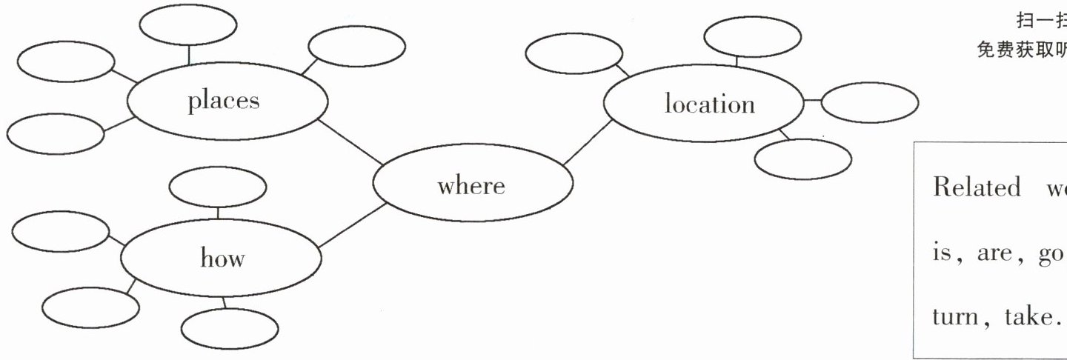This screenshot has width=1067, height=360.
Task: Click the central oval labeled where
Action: coord(472,184)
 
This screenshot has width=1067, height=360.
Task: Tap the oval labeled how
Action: coord(222,259)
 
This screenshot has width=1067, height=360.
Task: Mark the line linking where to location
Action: coord(588,141)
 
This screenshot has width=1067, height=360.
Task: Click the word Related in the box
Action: coord(965,187)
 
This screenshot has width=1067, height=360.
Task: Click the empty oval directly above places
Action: coord(188,26)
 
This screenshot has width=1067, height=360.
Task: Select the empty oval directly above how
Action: coord(218,188)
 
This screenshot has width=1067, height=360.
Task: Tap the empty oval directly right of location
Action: coord(869,102)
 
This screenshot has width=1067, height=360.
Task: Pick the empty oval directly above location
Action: coord(752,36)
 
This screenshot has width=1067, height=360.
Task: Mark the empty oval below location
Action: coord(803,159)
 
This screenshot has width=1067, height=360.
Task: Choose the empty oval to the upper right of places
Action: coord(356,47)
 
